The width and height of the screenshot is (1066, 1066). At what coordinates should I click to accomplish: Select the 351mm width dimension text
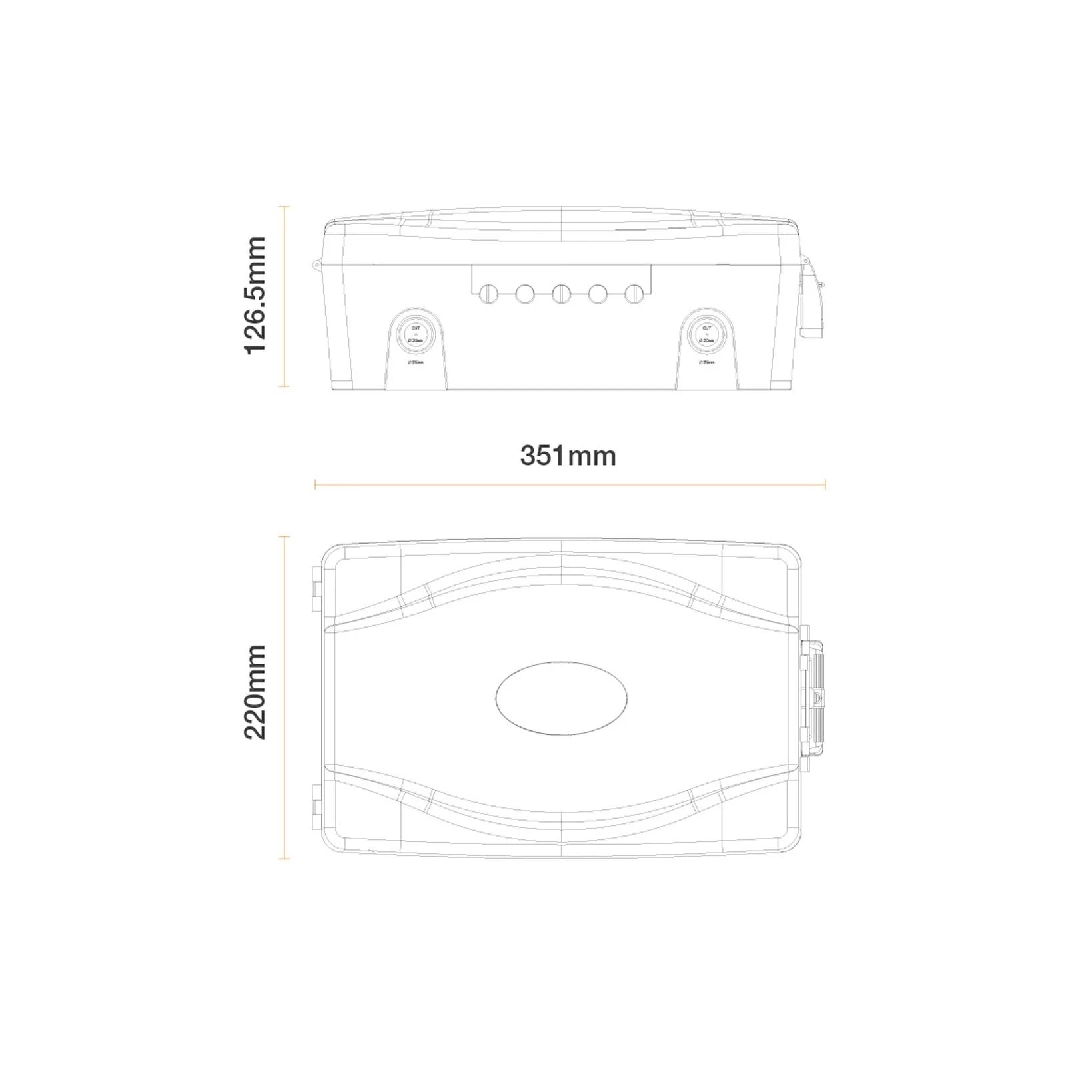point(568,456)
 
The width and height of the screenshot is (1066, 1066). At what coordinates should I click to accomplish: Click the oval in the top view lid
point(562,698)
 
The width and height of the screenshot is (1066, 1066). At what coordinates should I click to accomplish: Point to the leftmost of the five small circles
point(488,293)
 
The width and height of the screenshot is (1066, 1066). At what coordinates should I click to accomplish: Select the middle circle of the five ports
point(561,293)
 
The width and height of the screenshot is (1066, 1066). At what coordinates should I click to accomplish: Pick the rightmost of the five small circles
point(634,293)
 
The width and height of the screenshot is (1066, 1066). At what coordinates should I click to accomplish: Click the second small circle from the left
point(524,293)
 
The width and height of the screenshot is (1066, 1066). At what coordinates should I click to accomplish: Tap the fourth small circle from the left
point(598,293)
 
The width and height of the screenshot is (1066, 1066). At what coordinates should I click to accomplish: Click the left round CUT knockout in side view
point(416,333)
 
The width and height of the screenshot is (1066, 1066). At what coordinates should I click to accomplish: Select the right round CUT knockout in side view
point(706,333)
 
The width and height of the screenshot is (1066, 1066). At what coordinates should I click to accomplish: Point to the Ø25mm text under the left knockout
point(415,363)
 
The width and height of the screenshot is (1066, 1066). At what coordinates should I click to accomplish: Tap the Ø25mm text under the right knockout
point(706,363)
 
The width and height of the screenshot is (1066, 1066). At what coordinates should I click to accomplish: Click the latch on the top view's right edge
point(814,698)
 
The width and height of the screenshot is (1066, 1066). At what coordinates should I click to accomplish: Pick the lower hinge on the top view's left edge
point(314,807)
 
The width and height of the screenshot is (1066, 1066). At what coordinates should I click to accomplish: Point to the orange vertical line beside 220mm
point(285,697)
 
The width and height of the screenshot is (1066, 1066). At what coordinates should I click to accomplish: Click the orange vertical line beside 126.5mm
point(285,296)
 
